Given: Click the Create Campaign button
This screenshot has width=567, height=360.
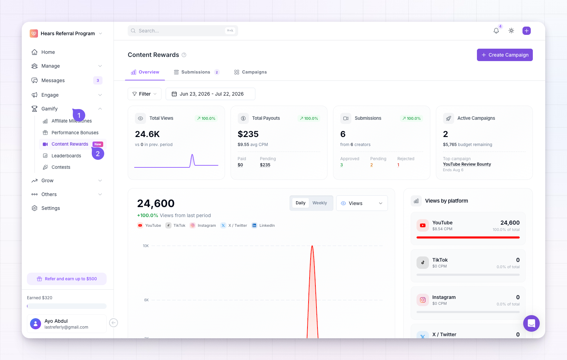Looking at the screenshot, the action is [505, 55].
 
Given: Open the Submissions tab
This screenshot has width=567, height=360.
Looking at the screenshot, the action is [196, 72].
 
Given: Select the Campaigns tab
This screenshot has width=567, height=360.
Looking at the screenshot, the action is [250, 72].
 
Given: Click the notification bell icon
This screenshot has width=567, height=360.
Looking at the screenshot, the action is [496, 31].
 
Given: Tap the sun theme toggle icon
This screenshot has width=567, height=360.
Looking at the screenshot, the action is [511, 31].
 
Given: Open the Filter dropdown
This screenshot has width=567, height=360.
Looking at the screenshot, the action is [145, 94].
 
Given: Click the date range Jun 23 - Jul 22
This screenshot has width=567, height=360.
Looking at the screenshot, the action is [211, 94].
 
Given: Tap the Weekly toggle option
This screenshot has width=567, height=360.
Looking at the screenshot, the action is [320, 203].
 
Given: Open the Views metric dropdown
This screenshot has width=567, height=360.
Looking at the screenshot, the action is [362, 203].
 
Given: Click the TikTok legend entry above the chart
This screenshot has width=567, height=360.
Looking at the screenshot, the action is [175, 225].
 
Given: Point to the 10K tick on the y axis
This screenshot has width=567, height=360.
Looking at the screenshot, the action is [146, 246].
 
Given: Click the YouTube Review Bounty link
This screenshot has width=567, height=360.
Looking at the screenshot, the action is [467, 164].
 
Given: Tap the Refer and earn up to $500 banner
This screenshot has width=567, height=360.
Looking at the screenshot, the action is [67, 279].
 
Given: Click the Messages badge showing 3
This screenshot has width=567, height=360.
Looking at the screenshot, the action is [98, 80].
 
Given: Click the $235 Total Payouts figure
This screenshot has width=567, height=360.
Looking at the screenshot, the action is [248, 134].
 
